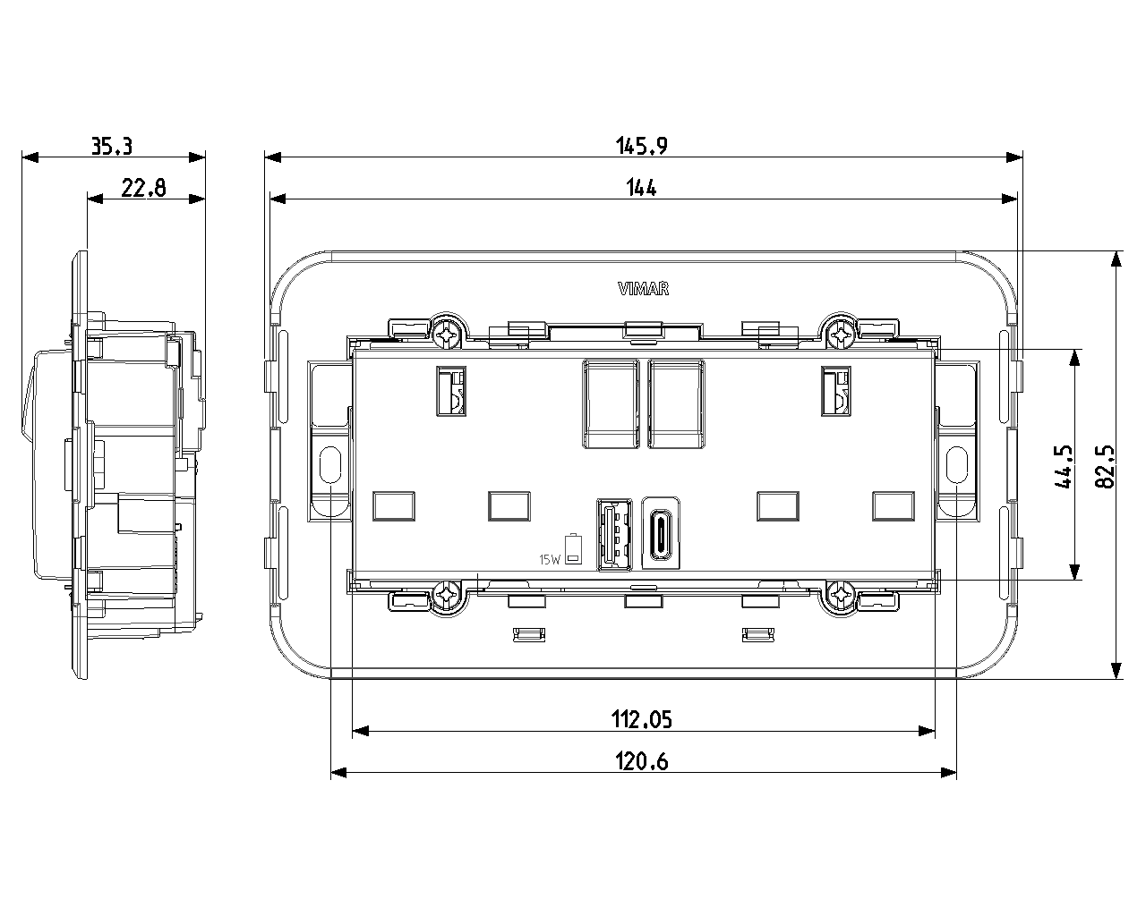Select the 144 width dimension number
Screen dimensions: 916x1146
pyautogui.click(x=642, y=187)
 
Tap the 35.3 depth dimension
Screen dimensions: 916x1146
pyautogui.click(x=113, y=145)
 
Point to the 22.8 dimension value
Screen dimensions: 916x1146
pyautogui.click(x=144, y=187)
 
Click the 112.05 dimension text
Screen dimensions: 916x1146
pyautogui.click(x=642, y=718)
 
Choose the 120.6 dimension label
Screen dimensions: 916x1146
pyautogui.click(x=642, y=761)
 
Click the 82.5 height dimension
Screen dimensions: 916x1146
pyautogui.click(x=1106, y=465)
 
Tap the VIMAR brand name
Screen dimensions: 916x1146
pyautogui.click(x=644, y=288)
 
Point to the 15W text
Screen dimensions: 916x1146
pyautogui.click(x=549, y=560)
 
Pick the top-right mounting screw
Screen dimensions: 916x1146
pyautogui.click(x=841, y=334)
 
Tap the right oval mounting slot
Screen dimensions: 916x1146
pyautogui.click(x=956, y=463)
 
